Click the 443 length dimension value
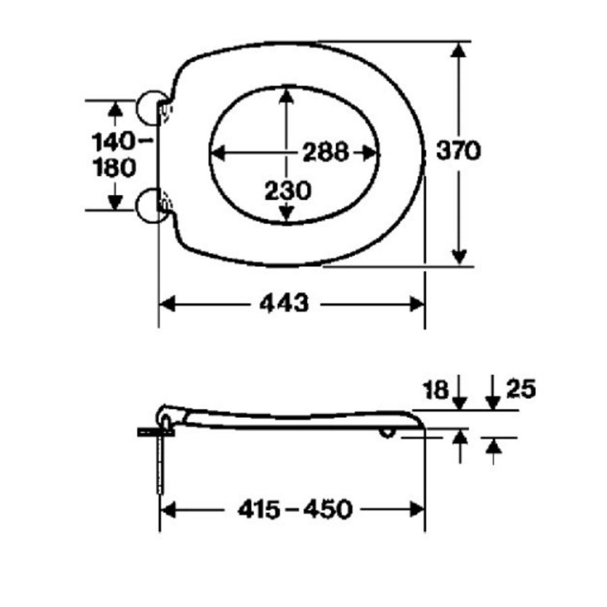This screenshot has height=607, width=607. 283,304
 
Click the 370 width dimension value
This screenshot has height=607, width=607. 458,151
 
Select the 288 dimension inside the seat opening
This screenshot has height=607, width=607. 325,152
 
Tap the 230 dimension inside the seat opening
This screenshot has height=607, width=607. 287,191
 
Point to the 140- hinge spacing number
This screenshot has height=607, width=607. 120,142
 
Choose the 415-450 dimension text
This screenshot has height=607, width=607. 295,510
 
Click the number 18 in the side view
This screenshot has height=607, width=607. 436,389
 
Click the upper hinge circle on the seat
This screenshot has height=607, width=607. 150,109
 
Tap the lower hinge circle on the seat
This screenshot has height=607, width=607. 150,206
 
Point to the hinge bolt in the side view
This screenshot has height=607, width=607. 162,465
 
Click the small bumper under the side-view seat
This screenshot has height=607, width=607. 388,432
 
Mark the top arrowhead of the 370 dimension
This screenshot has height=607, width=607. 459,51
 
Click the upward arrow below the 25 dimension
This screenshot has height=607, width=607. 494,447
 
